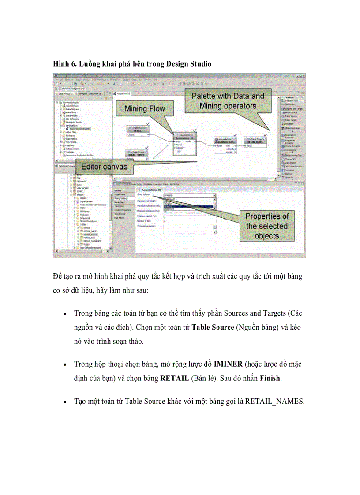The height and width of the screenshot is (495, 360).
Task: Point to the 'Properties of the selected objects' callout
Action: (x=266, y=226)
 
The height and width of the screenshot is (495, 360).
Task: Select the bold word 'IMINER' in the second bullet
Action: (x=228, y=365)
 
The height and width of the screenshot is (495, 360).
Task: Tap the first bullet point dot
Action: (x=65, y=315)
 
